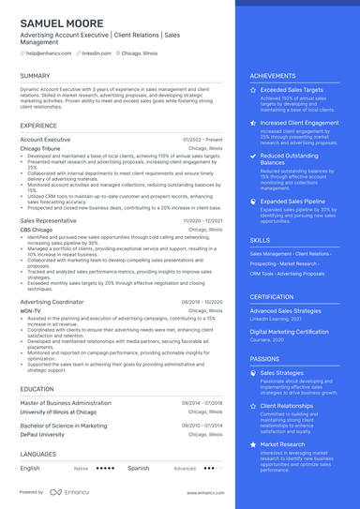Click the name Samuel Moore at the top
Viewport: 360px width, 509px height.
(63, 22)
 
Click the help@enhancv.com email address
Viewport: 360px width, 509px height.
(44, 54)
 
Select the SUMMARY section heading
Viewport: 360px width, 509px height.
(36, 75)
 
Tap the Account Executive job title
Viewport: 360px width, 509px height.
(45, 139)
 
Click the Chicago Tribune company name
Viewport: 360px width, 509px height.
(44, 148)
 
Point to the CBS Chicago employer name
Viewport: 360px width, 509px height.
(37, 229)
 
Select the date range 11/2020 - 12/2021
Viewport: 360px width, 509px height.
(203, 220)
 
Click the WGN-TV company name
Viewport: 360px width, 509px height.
(31, 309)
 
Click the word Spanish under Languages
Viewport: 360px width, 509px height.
(138, 467)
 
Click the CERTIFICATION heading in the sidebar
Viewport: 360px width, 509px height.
(272, 296)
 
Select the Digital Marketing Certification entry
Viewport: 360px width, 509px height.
(290, 332)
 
